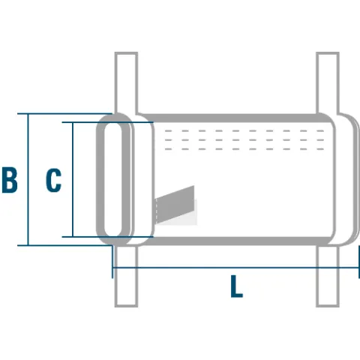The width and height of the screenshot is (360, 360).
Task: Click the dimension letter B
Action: pos(10,180)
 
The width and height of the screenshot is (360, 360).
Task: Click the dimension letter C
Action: pos(53,180)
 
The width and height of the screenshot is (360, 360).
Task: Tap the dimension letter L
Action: pos(236,286)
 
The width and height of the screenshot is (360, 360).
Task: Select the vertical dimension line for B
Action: pos(28,179)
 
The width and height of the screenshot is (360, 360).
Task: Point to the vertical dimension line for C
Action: pos(73,179)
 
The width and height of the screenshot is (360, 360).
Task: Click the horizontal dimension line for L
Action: pos(235,268)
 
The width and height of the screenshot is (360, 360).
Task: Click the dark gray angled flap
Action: pos(175,205)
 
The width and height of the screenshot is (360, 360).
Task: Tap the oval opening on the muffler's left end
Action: pos(113,179)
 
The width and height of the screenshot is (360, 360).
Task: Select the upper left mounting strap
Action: pos(126,83)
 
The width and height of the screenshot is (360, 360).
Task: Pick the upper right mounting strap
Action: pos(328,83)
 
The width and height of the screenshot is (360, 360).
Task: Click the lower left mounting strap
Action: pos(126,276)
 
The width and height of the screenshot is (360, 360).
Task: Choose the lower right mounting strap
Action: pos(328,276)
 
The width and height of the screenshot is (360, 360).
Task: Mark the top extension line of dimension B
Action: pos(64,114)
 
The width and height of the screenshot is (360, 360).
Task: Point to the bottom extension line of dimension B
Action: pos(64,245)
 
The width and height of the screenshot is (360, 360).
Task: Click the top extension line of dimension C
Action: pos(107,122)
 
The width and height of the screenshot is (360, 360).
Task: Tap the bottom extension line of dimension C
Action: pos(107,236)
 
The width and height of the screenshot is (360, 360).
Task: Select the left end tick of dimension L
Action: pos(112,262)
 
